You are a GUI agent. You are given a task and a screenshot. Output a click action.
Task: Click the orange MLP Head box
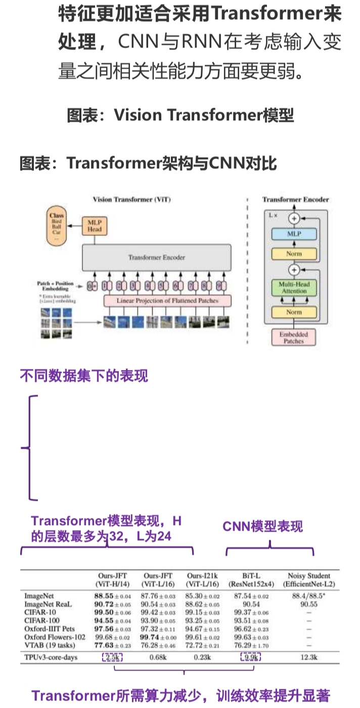pos(95,225)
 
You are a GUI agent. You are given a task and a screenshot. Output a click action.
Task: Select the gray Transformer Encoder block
pos(156,258)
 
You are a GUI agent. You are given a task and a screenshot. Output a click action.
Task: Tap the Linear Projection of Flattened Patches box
pos(167,301)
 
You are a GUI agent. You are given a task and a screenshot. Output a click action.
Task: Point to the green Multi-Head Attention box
pos(294,288)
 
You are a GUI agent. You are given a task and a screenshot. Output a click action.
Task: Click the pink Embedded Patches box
pos(294,337)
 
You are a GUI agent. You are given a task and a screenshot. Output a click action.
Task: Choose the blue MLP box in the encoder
pos(294,234)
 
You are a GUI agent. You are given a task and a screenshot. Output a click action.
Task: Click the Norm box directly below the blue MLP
pos(294,254)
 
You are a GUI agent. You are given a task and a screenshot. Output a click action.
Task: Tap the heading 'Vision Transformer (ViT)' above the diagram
pos(131,199)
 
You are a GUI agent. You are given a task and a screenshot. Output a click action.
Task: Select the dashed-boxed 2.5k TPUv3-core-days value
pos(112,657)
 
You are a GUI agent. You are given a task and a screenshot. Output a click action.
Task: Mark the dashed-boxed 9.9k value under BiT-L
pos(250,657)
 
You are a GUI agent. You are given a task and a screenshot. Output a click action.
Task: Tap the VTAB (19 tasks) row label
pos(50,645)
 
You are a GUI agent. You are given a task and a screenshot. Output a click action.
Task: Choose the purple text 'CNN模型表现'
pos(263,527)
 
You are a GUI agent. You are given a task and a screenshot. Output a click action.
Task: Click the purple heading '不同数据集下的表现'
pos(84,376)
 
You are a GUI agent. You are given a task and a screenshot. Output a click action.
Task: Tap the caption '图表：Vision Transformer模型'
pos(181,116)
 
